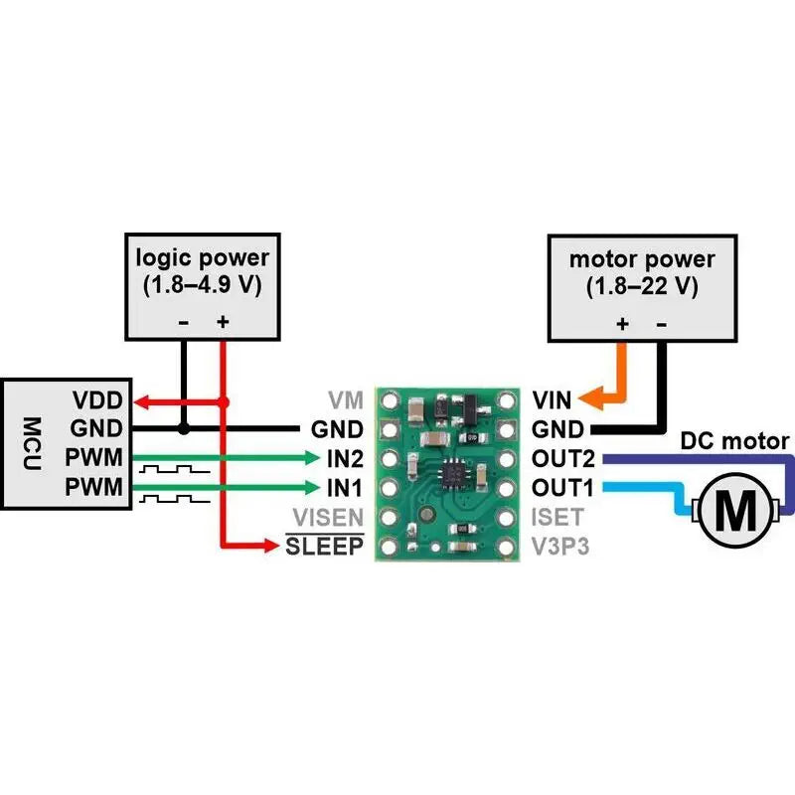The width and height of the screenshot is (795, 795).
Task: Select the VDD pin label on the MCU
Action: click(97, 402)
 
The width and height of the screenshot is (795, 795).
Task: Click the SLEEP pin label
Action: click(325, 547)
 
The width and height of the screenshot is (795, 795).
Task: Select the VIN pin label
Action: click(552, 402)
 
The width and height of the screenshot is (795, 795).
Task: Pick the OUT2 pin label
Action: click(561, 459)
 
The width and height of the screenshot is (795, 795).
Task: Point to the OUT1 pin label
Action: click(561, 488)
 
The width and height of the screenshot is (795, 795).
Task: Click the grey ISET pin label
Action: click(555, 518)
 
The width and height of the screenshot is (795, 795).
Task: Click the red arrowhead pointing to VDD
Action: click(140, 402)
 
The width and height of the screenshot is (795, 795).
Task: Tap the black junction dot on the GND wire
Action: click(183, 429)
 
